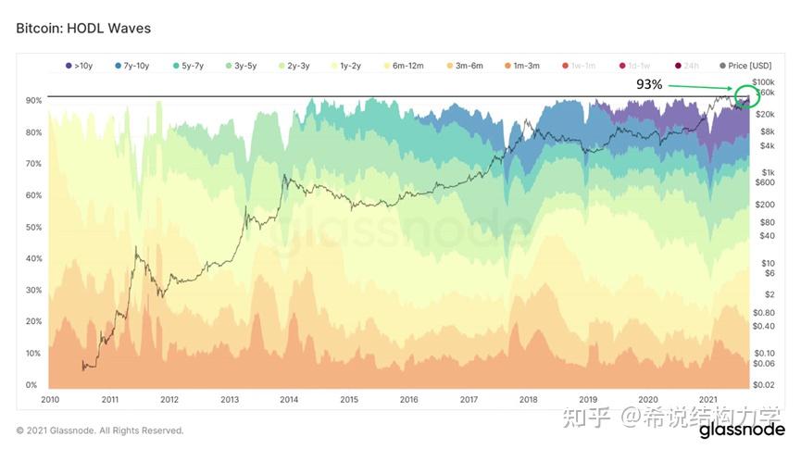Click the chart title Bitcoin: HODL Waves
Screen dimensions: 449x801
click(83, 29)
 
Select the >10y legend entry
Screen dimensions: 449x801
click(81, 66)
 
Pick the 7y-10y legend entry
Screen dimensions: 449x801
click(133, 66)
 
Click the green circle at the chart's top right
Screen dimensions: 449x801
click(744, 96)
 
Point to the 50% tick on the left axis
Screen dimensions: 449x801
click(31, 227)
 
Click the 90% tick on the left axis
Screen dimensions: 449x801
click(31, 100)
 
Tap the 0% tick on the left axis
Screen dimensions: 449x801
click(31, 384)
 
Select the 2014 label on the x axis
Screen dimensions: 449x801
click(289, 399)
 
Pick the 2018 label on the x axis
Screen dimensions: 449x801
click(529, 399)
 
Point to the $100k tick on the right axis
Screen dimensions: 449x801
click(762, 83)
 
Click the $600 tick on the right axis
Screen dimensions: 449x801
click(765, 182)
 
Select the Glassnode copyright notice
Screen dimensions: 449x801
click(99, 430)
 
